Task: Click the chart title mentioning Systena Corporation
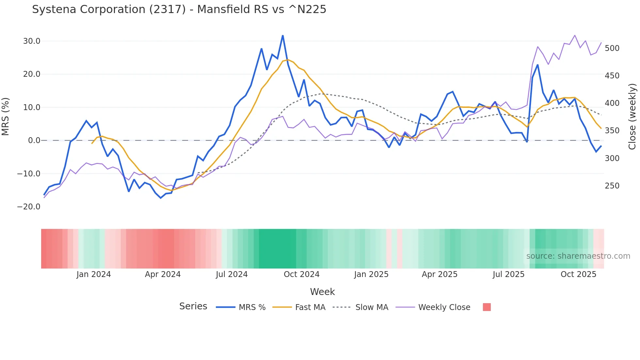click(x=179, y=9)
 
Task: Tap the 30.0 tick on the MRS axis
click(x=32, y=41)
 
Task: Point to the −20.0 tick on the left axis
click(x=29, y=207)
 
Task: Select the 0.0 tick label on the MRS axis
click(x=34, y=140)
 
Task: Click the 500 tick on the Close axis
click(x=612, y=48)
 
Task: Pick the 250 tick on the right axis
click(x=612, y=186)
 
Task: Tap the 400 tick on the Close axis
click(x=612, y=103)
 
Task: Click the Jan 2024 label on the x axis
click(x=94, y=274)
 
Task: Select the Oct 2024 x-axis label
click(x=301, y=274)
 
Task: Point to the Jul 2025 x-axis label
click(x=508, y=274)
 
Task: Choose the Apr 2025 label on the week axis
click(x=440, y=274)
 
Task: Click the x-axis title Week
click(x=322, y=292)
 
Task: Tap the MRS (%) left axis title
click(x=6, y=116)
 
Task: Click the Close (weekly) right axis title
click(x=632, y=116)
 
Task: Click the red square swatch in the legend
click(x=487, y=307)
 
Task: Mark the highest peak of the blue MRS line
click(x=282, y=36)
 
